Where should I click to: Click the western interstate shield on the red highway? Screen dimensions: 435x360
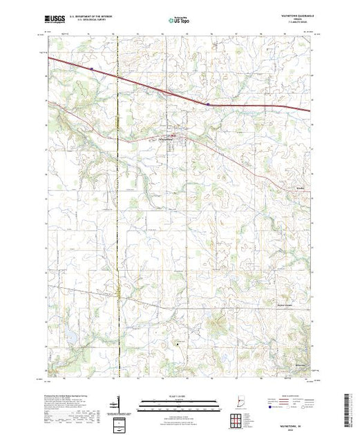[x=91, y=68]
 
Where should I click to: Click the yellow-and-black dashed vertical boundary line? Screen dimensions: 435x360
[x=118, y=207]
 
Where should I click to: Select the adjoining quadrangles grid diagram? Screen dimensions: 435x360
[x=238, y=420]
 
